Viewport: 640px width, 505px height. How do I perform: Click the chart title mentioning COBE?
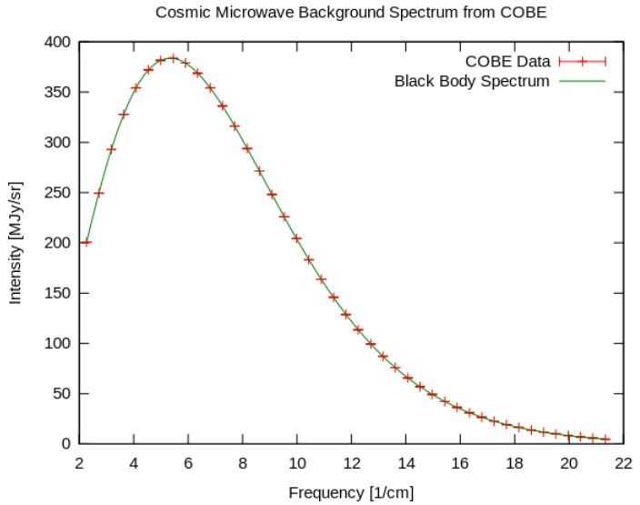352,13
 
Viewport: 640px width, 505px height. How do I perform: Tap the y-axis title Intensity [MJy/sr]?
15,243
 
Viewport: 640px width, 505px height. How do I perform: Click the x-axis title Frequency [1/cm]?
351,493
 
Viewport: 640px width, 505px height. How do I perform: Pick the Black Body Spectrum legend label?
472,81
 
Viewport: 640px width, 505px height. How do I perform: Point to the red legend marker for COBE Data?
582,62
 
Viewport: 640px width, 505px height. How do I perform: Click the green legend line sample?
582,81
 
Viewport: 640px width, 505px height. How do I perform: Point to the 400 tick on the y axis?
59,43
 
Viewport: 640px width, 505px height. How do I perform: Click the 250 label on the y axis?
59,193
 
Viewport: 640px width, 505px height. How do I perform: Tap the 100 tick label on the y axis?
59,344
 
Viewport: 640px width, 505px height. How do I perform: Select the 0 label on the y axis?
66,444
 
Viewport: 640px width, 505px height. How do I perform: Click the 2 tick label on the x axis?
80,462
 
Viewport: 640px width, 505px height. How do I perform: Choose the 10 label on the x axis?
297,462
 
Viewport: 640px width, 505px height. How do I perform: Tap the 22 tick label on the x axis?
623,462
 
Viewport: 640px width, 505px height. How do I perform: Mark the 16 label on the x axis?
460,462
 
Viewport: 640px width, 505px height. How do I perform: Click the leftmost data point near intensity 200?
86,243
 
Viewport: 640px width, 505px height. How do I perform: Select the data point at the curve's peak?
173,58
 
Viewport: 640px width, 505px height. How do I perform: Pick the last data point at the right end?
606,439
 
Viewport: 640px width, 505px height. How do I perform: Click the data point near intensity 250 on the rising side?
99,193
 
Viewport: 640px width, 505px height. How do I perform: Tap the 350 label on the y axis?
59,93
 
